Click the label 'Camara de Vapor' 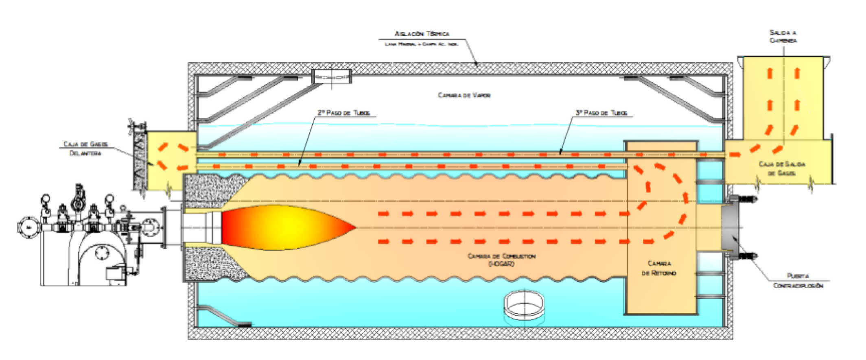click(464, 96)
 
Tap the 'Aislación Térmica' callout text click(422, 34)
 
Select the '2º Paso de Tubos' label click(344, 113)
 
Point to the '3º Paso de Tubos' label click(601, 113)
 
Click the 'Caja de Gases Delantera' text click(85, 149)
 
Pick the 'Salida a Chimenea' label click(783, 37)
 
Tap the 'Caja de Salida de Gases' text click(782, 169)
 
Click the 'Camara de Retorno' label click(659, 268)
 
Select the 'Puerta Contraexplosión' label click(798, 281)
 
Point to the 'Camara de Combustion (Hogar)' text click(501, 260)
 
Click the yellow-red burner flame click(285, 227)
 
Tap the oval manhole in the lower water click(524, 305)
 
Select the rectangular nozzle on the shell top click(331, 76)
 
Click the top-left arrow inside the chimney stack click(770, 73)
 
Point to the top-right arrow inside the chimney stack click(797, 73)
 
